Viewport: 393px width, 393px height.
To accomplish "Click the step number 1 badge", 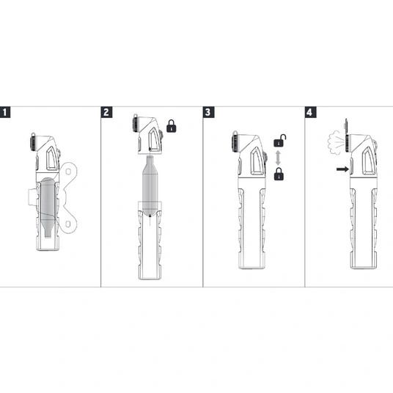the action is (x=5, y=112).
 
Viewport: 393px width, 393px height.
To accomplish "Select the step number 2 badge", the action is (x=106, y=112).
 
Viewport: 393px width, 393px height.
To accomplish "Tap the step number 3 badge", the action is (x=208, y=112).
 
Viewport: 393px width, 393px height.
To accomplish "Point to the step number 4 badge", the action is (x=311, y=112).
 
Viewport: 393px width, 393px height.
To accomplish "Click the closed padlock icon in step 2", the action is (x=172, y=126).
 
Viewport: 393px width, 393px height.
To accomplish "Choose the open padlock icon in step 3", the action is (x=279, y=141).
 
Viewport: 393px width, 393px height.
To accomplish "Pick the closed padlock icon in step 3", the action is (x=279, y=174).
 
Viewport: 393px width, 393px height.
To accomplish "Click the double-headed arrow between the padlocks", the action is (x=278, y=158).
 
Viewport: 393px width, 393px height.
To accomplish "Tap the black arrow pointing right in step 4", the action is (x=342, y=169).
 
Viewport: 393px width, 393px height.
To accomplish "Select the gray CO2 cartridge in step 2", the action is (x=150, y=186).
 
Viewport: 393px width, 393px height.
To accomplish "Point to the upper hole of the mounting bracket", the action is (x=68, y=172).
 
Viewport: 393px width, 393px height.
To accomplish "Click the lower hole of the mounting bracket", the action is (x=68, y=224).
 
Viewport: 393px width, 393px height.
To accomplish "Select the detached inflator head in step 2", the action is (x=148, y=134).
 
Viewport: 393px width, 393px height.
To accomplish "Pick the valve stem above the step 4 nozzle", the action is (x=346, y=126).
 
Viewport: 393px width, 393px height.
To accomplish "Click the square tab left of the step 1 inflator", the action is (x=32, y=197).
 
